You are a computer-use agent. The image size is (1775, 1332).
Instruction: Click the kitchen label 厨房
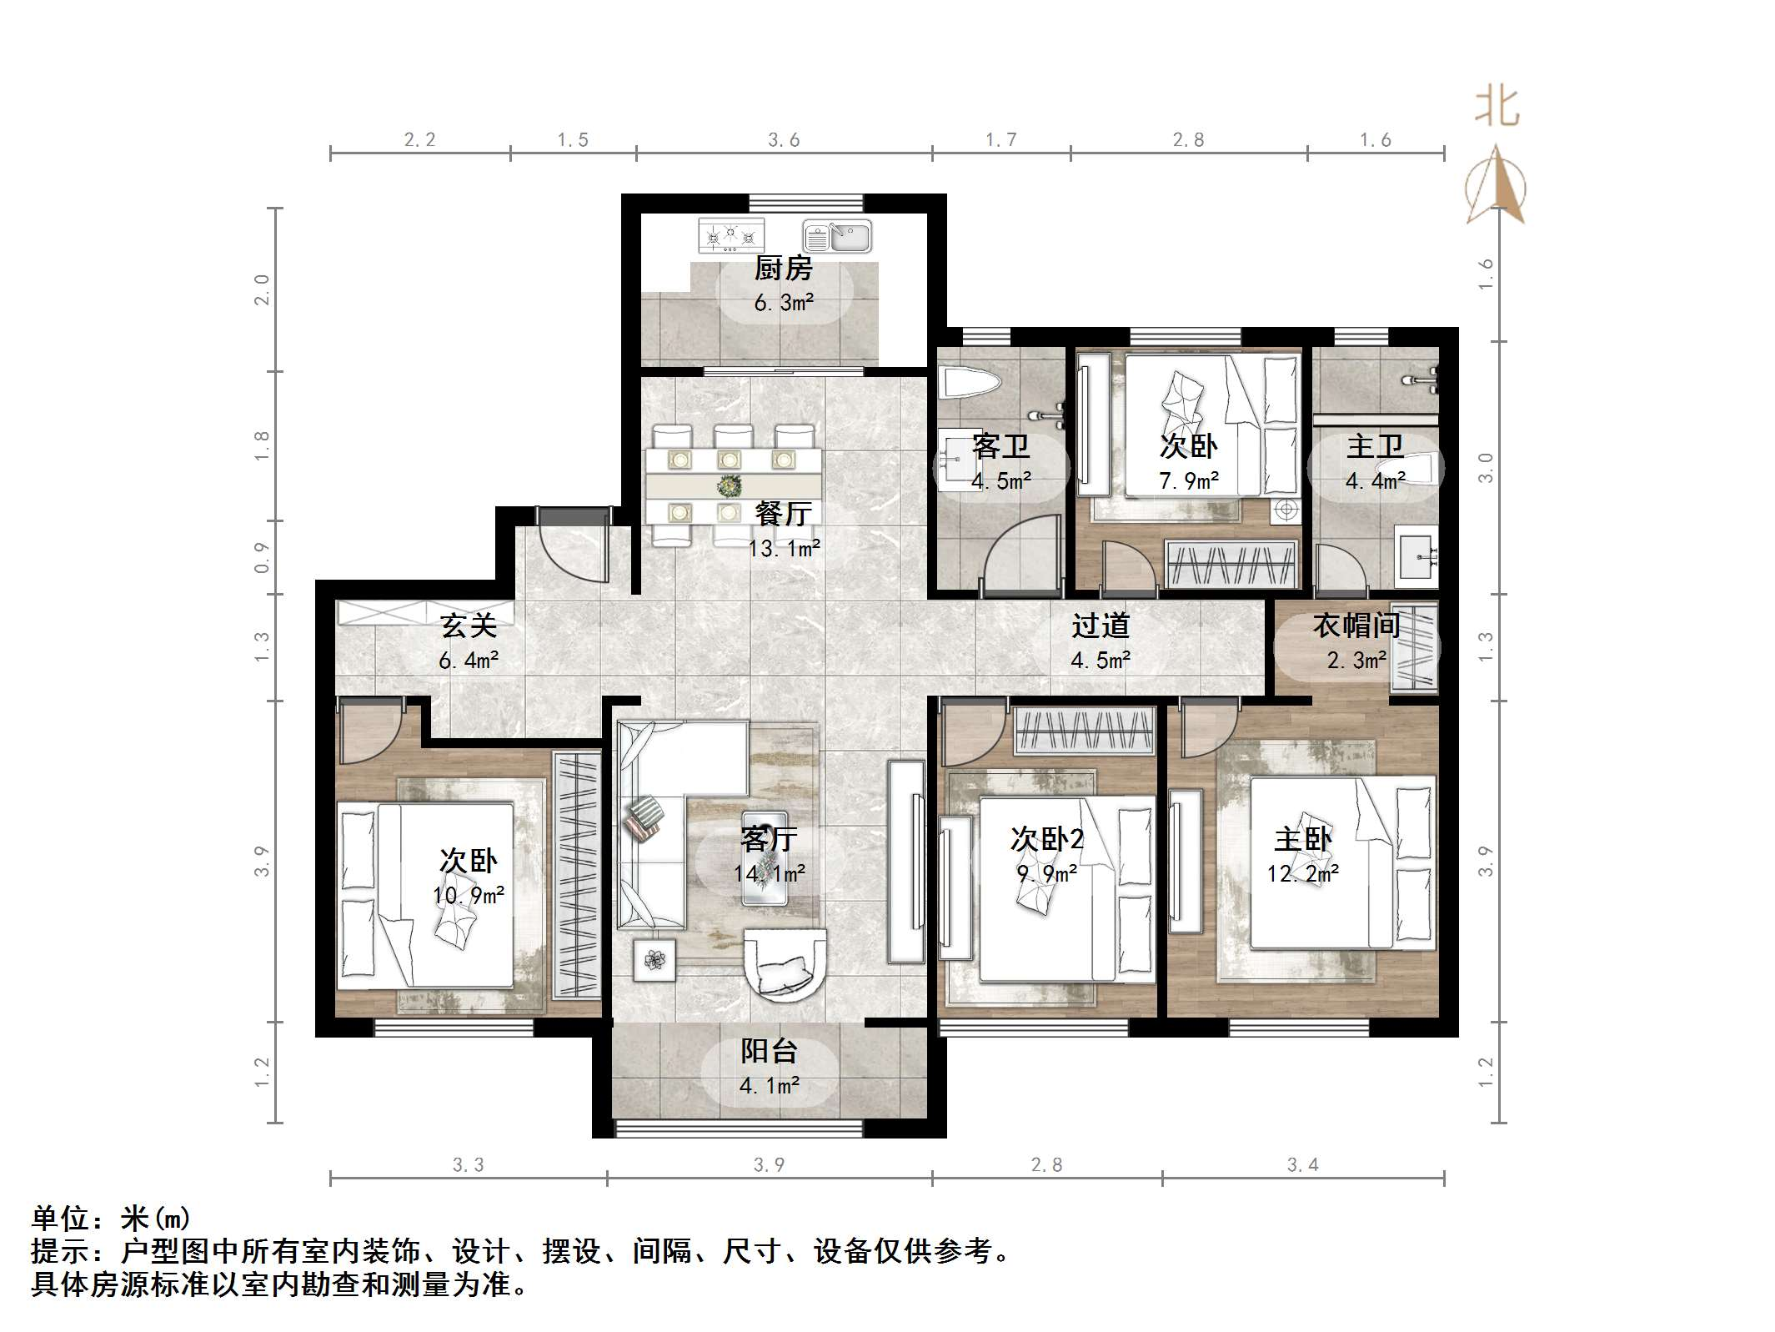(x=783, y=269)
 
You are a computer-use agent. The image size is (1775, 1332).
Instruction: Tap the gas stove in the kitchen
(x=731, y=235)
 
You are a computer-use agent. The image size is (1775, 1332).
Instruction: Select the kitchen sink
(x=837, y=237)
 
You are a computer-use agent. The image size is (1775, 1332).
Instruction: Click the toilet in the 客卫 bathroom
(x=969, y=385)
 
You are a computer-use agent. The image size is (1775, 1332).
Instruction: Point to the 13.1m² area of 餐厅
(x=784, y=549)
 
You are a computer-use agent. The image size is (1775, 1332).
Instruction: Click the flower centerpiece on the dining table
(x=730, y=485)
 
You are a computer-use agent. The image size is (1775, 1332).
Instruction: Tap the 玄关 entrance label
(x=469, y=626)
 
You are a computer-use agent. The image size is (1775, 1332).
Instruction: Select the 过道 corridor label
(x=1101, y=626)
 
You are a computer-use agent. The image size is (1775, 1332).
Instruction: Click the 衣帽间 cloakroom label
(x=1356, y=626)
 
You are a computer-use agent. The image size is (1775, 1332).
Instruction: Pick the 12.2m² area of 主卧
(x=1303, y=874)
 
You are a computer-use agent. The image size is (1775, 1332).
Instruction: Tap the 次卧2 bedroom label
(x=1047, y=839)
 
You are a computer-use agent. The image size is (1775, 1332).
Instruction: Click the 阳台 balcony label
(x=769, y=1052)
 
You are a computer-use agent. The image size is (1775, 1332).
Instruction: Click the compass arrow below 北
(x=1497, y=188)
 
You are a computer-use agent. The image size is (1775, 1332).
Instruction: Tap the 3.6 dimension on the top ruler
(x=784, y=140)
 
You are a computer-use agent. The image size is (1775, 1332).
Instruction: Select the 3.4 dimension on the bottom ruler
(x=1302, y=1165)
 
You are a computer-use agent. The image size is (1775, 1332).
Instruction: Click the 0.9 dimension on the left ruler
(x=262, y=557)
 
